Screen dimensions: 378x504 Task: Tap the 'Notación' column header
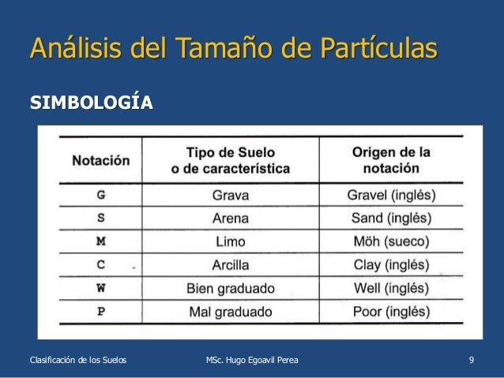click(100, 160)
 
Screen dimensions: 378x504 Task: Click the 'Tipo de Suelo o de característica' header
click(230, 160)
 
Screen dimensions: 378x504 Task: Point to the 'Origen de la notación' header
click(391, 160)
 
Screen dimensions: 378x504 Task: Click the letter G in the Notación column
click(100, 195)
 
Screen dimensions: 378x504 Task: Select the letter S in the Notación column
click(100, 218)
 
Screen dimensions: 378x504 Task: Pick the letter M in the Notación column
click(100, 241)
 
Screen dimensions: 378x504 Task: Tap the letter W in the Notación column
click(100, 288)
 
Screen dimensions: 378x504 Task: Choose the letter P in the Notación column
click(100, 311)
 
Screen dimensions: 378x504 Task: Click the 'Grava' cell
click(230, 195)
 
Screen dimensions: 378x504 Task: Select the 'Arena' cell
click(230, 219)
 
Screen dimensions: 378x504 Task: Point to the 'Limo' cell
click(230, 241)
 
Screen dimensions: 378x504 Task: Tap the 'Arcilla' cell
click(230, 265)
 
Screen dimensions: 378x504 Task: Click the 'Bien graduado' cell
click(230, 288)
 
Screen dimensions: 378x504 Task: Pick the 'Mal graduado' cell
click(230, 312)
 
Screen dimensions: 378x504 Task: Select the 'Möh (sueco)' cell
click(391, 241)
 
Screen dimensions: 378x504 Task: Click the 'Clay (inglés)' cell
click(391, 265)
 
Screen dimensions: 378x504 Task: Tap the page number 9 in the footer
click(471, 361)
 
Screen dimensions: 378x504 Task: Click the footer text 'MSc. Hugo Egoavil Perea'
click(252, 361)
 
